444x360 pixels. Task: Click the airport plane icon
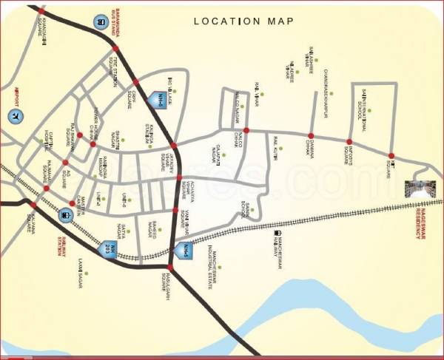(14, 116)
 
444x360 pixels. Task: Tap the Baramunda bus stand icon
(100, 22)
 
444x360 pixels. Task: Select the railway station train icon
(65, 215)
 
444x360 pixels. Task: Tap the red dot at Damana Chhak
(311, 136)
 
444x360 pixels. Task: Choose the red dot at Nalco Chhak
(246, 131)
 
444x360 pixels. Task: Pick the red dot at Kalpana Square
(33, 205)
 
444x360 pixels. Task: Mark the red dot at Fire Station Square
(135, 81)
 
